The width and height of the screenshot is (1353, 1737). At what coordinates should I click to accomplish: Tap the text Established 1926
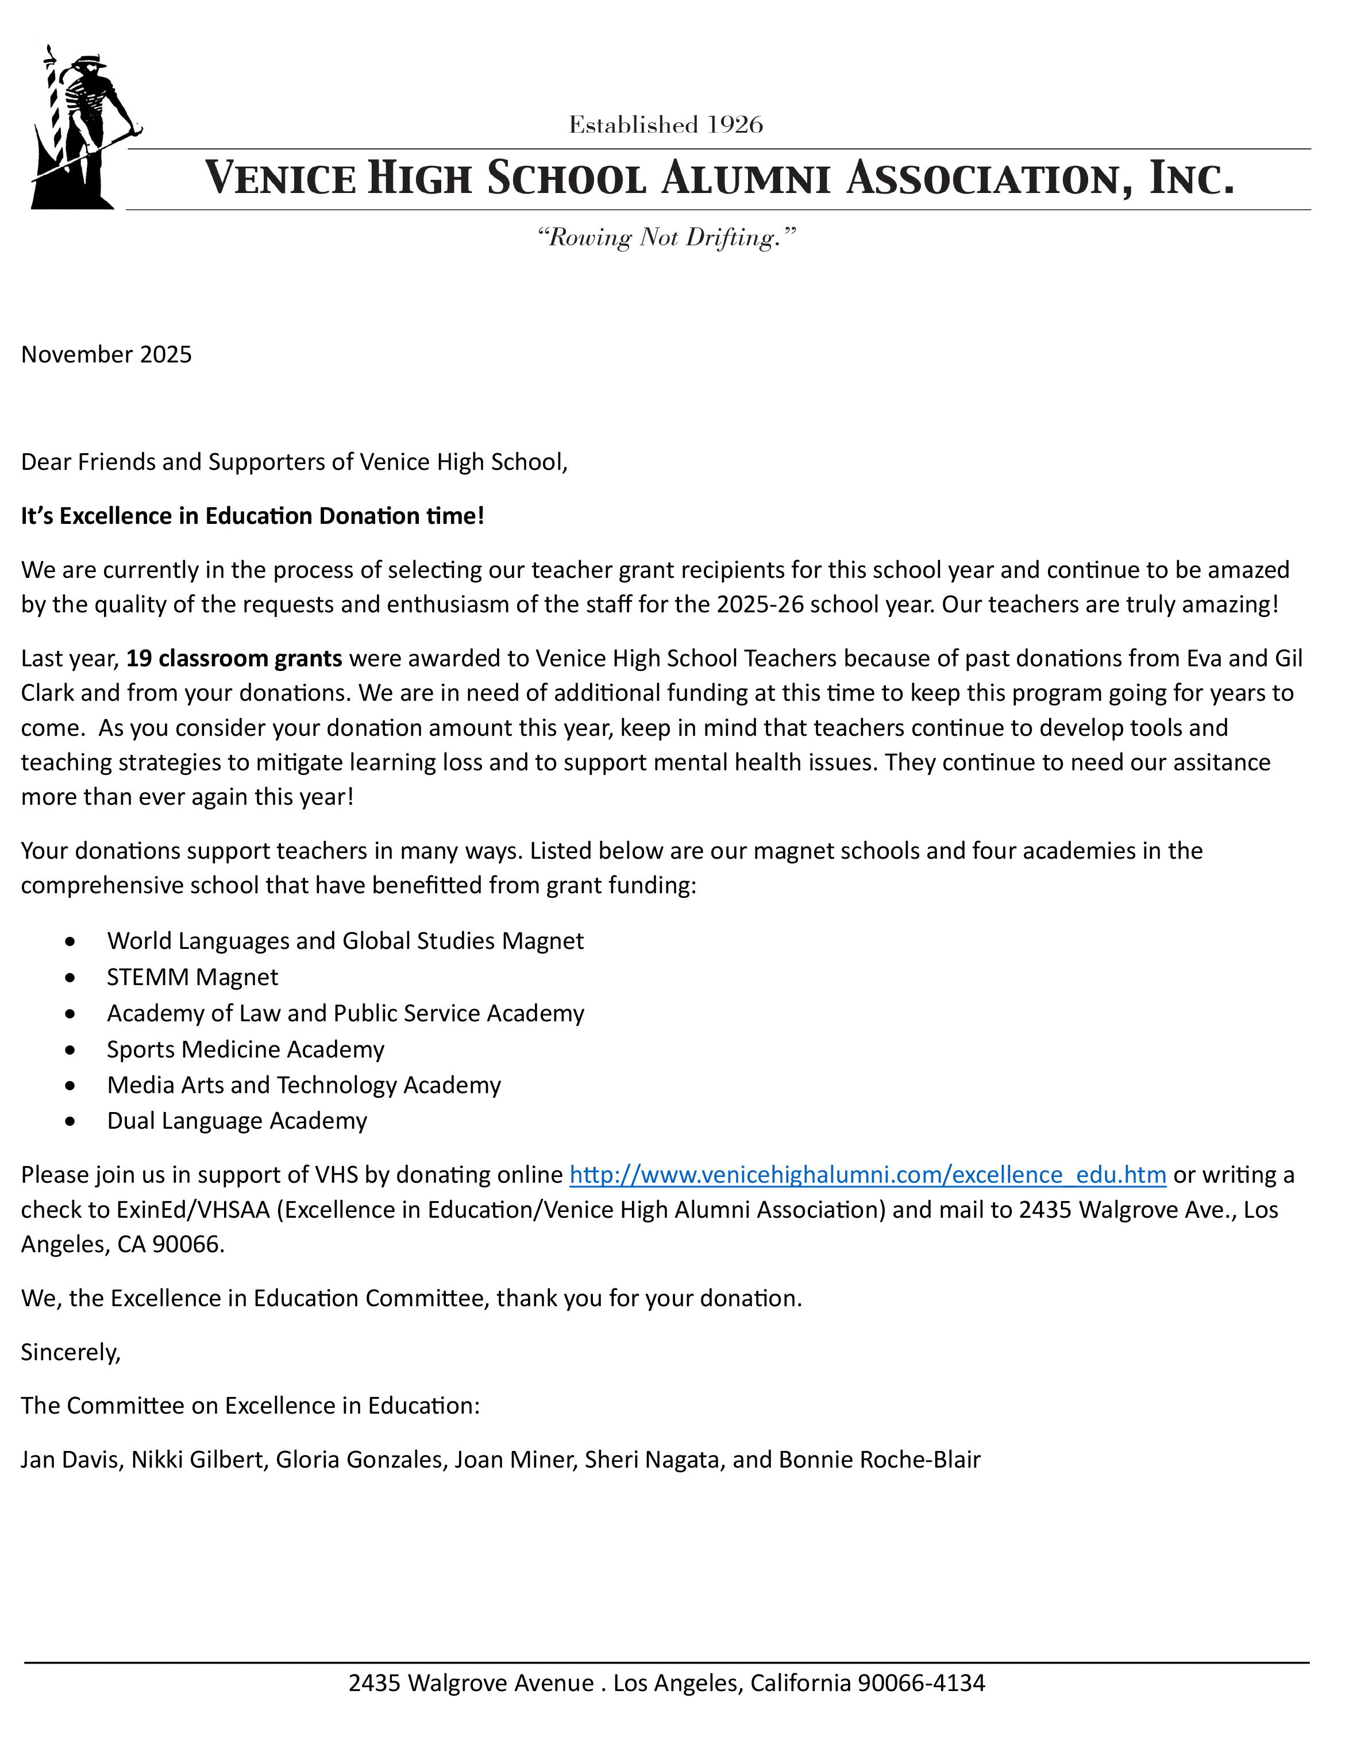point(666,125)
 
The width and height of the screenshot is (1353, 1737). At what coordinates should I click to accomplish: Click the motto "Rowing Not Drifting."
point(666,237)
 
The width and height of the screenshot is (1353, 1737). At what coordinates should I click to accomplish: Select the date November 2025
point(107,355)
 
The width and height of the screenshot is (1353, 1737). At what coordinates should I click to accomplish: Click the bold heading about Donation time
point(252,516)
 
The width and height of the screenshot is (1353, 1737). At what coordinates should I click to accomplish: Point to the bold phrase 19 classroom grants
point(234,658)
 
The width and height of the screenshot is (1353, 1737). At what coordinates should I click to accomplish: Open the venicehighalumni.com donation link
point(868,1175)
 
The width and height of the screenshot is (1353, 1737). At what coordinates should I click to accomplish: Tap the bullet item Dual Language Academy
point(237,1121)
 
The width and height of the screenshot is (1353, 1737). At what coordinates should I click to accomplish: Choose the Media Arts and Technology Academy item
point(304,1086)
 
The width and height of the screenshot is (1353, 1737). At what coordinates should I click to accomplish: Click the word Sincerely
point(71,1352)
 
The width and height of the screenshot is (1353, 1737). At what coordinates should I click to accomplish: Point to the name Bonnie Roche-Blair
point(880,1460)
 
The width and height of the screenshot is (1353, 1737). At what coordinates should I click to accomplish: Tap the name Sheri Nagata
point(652,1460)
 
